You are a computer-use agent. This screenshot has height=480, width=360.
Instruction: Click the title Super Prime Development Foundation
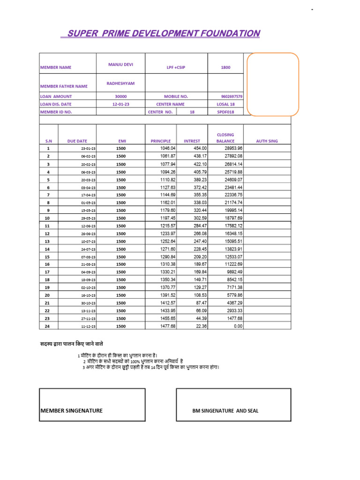click(160, 33)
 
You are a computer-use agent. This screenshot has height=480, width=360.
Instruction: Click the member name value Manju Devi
click(120, 64)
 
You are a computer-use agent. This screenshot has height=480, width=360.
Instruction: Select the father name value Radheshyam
click(120, 83)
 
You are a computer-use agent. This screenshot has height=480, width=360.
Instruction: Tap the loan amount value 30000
click(120, 96)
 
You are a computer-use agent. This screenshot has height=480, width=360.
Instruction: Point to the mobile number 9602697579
click(232, 96)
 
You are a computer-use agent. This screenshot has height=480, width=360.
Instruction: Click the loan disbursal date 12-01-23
click(120, 104)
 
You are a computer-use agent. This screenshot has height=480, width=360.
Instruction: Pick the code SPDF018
click(225, 112)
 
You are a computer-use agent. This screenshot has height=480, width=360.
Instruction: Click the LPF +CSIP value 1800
click(225, 67)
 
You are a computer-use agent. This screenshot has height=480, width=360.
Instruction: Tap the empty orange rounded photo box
click(273, 84)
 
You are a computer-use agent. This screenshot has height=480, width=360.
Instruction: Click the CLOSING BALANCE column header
click(225, 138)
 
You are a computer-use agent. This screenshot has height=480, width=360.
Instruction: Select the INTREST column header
click(192, 141)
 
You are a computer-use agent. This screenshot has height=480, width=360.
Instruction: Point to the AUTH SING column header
click(267, 141)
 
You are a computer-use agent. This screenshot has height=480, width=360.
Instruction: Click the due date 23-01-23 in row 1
click(88, 149)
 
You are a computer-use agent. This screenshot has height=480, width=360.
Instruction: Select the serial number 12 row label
click(47, 233)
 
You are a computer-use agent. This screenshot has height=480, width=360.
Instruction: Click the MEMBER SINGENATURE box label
click(72, 411)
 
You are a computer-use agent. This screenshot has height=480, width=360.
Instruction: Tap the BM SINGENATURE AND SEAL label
click(225, 411)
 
